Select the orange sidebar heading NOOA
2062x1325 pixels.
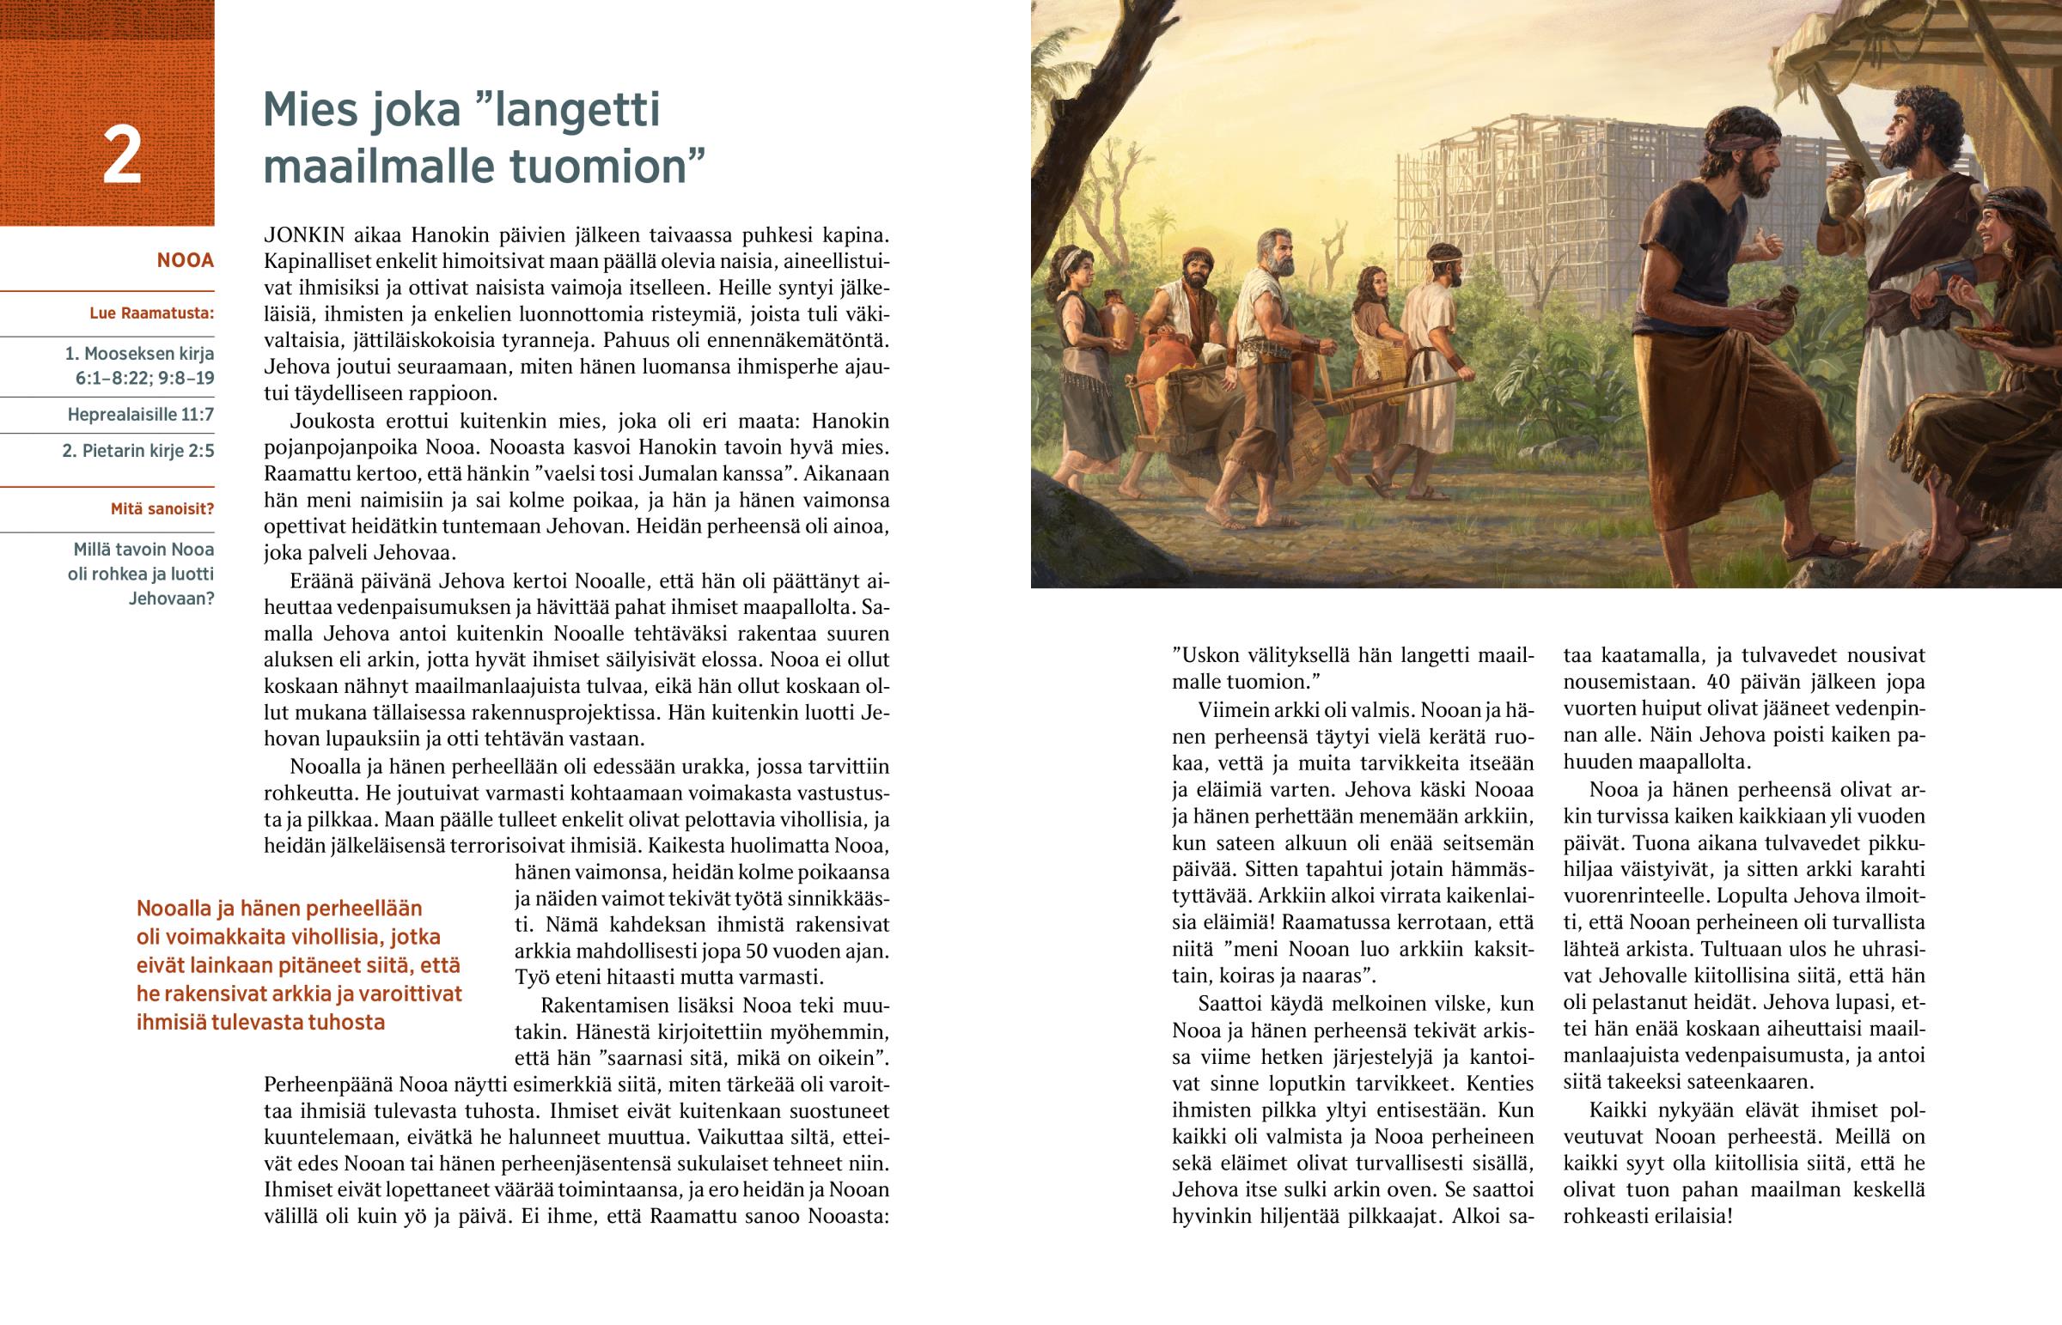185,261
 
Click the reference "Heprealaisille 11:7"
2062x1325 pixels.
140,415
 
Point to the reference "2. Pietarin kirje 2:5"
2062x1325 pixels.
137,451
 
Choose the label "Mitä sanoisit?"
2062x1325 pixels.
162,509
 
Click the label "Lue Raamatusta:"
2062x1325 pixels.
151,313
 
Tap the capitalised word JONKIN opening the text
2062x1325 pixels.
304,235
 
